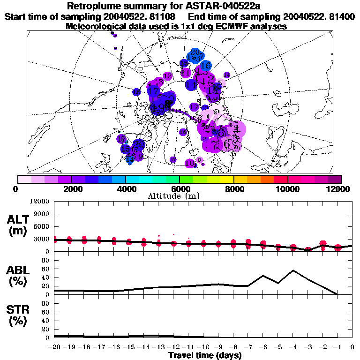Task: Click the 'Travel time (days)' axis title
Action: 205,356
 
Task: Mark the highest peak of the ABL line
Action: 293,270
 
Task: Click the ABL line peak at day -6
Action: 263,276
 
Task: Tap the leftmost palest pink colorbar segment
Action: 24,179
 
